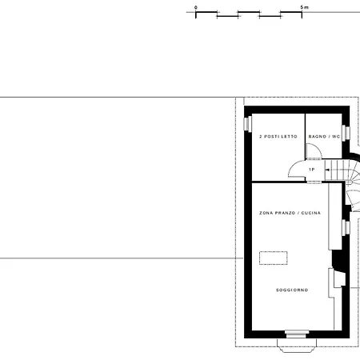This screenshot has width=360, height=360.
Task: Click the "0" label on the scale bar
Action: (196, 7)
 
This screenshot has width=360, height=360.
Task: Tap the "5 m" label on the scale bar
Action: (305, 7)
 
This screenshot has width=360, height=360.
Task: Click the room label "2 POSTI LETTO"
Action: (278, 137)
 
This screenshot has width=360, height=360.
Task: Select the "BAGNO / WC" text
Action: (324, 137)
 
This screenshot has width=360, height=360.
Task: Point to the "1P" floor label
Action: (311, 170)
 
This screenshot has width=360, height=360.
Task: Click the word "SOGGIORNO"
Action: (292, 290)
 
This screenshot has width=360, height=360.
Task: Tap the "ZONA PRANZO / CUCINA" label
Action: (290, 213)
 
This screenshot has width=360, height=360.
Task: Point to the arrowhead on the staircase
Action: (327, 170)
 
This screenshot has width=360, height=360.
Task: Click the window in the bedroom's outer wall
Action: (247, 124)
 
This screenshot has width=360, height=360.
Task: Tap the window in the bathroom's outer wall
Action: (346, 133)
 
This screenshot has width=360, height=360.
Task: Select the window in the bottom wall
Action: (297, 334)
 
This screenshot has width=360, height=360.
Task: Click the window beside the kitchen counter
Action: (346, 227)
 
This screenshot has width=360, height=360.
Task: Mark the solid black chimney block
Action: (338, 259)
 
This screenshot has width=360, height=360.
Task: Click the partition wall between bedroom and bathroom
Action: (306, 136)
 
